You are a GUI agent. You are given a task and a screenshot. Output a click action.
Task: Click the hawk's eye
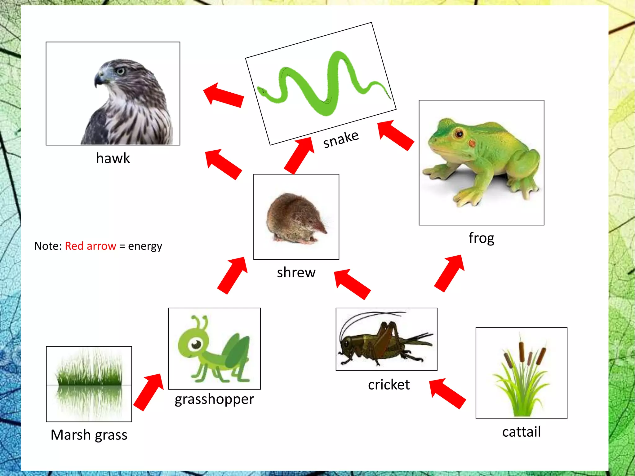tap(120, 71)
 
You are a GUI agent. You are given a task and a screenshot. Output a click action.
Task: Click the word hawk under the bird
tap(113, 158)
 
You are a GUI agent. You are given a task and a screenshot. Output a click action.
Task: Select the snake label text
tap(341, 139)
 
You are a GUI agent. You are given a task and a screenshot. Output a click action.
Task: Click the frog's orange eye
tap(459, 134)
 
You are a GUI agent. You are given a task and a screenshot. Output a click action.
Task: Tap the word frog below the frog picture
tap(481, 238)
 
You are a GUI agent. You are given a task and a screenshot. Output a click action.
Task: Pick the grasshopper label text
tap(214, 399)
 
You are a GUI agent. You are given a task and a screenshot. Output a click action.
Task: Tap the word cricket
tap(389, 385)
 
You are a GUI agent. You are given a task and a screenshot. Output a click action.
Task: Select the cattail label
tap(521, 432)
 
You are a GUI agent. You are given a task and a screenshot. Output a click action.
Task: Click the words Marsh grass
tap(89, 435)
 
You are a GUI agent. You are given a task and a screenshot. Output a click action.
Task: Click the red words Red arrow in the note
tap(90, 246)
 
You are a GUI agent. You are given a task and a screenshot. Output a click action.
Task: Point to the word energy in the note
tap(145, 246)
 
